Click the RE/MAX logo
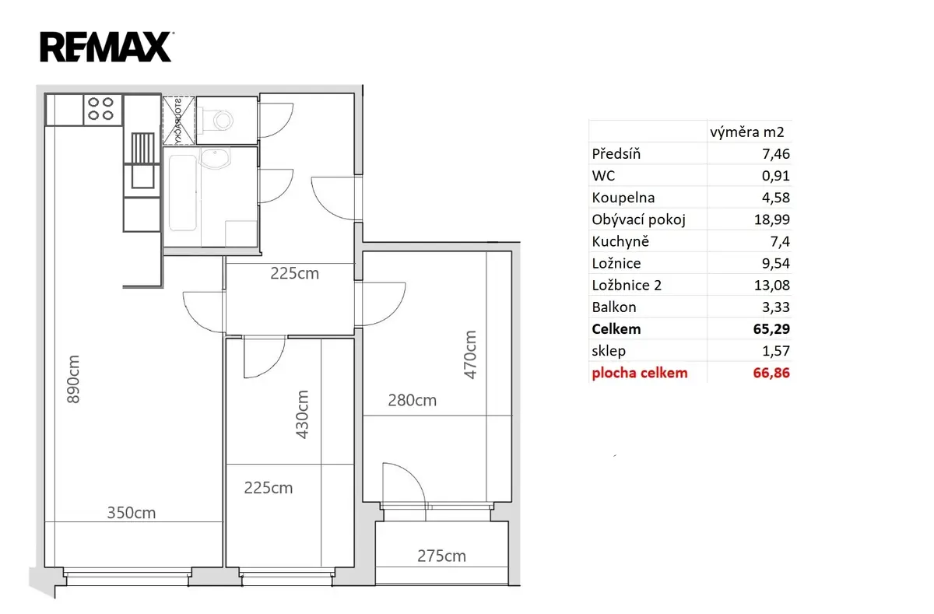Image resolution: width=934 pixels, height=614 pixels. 107,47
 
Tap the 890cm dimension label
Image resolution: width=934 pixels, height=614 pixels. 73,379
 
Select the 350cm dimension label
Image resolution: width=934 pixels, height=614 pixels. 132,513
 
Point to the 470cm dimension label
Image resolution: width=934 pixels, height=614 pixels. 470,355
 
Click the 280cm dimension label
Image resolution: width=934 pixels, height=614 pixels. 413,401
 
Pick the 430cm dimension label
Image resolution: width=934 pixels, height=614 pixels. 302,414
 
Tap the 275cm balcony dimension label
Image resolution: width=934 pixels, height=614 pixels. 441,556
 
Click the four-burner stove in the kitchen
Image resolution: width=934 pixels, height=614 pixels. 103,110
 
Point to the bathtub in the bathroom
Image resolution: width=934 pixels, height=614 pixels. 183,193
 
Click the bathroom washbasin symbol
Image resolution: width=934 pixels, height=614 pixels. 215,158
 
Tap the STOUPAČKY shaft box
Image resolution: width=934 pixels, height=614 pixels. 178,121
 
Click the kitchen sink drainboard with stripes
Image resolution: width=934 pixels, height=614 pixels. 143,148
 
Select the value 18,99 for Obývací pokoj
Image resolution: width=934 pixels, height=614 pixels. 772,219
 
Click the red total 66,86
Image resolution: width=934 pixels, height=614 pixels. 771,373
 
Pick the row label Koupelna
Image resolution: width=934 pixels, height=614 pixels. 623,198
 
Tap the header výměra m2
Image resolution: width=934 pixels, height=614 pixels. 747,132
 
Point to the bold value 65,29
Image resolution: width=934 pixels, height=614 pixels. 771,329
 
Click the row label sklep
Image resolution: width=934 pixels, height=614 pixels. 609,352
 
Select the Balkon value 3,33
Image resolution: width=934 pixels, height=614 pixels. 775,307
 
